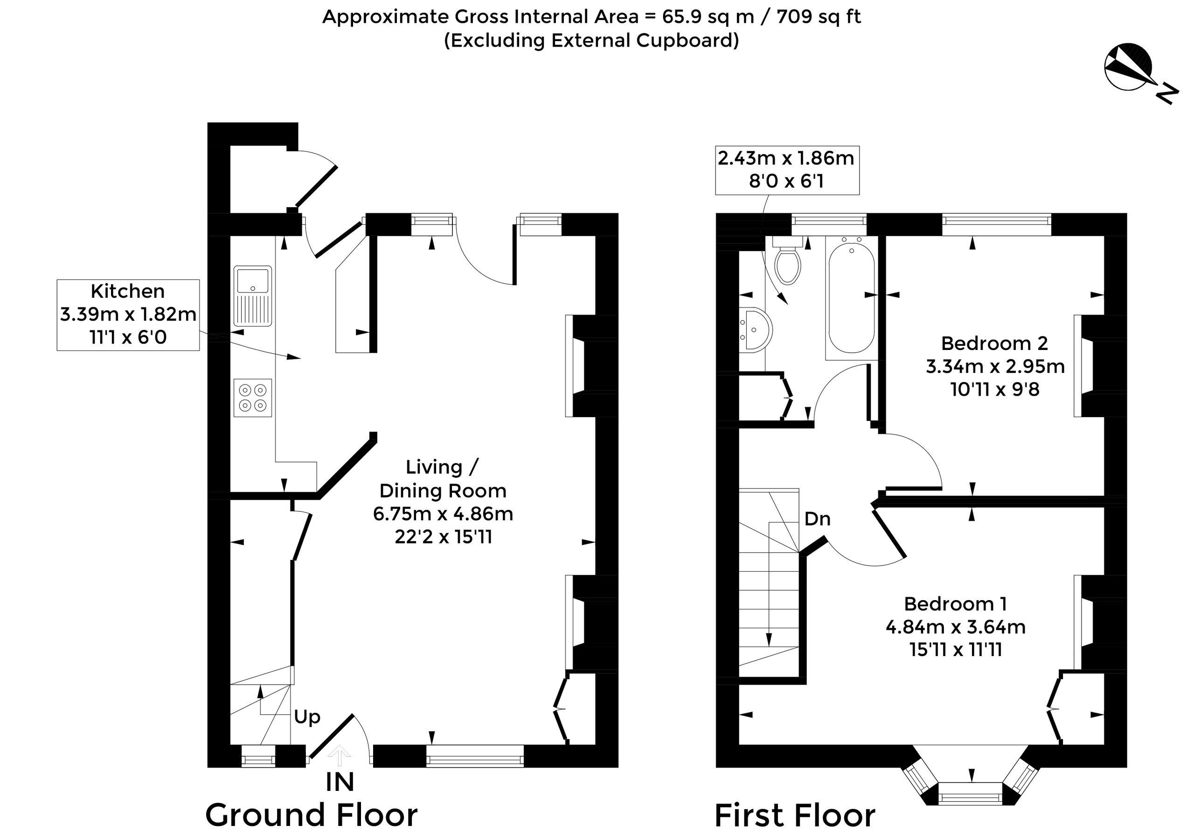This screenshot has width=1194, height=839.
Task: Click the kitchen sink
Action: click(x=253, y=296)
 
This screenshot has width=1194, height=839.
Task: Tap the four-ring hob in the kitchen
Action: click(x=253, y=398)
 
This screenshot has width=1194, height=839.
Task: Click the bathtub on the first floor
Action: click(x=851, y=295)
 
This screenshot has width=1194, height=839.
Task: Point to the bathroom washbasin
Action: click(x=756, y=329)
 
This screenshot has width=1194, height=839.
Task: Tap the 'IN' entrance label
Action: click(x=340, y=782)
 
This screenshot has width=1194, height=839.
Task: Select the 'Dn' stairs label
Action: click(x=817, y=519)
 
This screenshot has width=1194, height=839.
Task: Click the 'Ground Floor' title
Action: click(x=312, y=815)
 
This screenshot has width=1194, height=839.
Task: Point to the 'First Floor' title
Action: click(x=795, y=815)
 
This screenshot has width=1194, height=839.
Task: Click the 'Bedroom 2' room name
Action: click(x=994, y=343)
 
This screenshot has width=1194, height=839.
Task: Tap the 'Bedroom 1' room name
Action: click(x=955, y=604)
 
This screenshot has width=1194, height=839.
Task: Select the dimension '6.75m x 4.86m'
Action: click(x=443, y=514)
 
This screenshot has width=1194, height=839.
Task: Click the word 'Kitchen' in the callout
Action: click(x=127, y=291)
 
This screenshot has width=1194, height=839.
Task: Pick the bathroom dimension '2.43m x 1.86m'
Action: click(x=786, y=158)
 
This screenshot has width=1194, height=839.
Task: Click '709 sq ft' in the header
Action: click(x=819, y=17)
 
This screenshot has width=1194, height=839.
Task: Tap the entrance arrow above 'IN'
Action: click(x=339, y=755)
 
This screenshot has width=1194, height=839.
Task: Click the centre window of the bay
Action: click(x=970, y=794)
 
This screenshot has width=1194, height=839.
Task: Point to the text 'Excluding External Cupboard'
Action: click(x=591, y=41)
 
